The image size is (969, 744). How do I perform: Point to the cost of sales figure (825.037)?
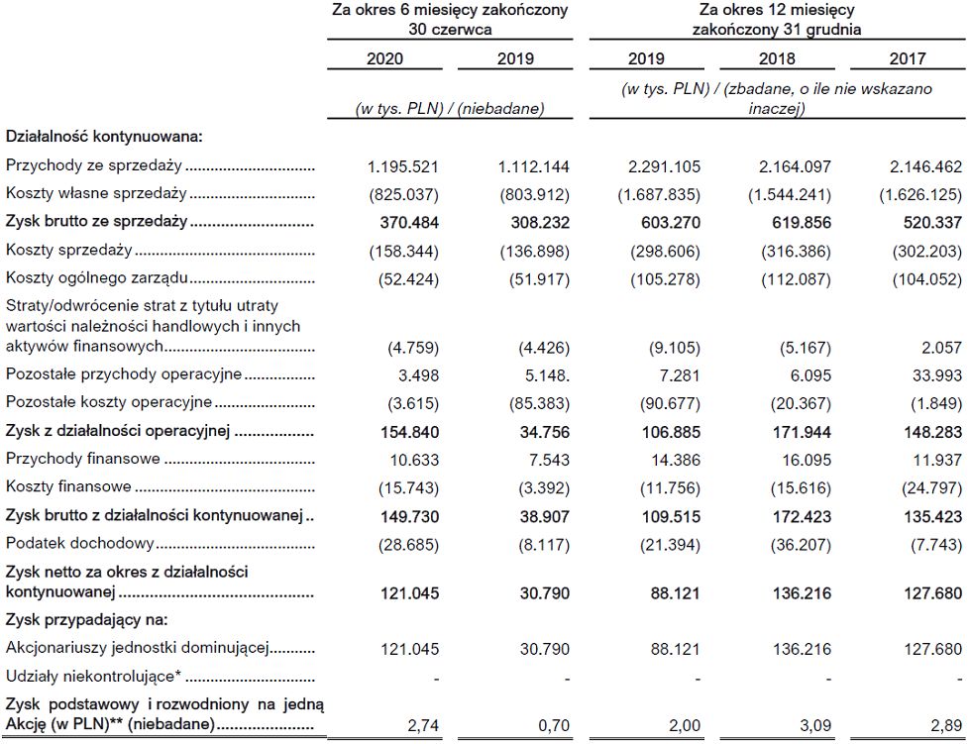(398, 194)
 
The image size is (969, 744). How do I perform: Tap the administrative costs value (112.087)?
(797, 279)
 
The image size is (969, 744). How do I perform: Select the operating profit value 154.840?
(406, 432)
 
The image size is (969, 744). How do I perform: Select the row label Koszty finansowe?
(68, 487)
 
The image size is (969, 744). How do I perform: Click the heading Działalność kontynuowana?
(104, 137)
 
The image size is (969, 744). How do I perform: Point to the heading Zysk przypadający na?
(87, 620)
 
